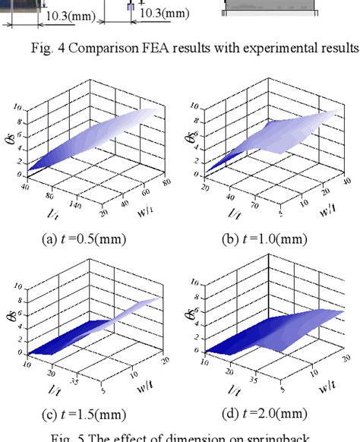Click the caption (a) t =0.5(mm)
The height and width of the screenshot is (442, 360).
(x=84, y=240)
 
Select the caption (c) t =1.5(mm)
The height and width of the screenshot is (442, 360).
(x=84, y=413)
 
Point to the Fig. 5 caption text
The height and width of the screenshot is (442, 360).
(x=179, y=437)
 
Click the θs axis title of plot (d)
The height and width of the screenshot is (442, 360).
(x=191, y=314)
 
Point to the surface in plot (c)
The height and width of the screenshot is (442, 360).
(x=84, y=334)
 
